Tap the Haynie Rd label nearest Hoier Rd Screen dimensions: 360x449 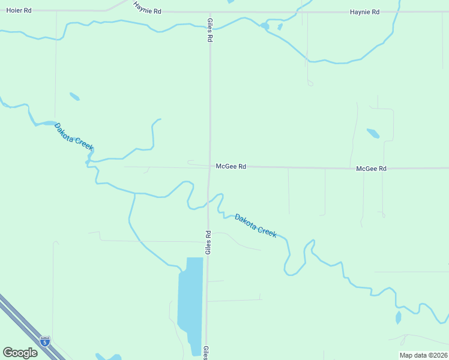[x=147, y=11]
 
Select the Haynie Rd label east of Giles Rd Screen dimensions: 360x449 [x=365, y=12]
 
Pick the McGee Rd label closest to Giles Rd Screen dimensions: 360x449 [x=231, y=167]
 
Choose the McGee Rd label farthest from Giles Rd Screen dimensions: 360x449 [x=371, y=169]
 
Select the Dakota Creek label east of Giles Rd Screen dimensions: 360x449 [x=256, y=226]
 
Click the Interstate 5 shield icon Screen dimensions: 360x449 [x=45, y=341]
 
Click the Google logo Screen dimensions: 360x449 [x=20, y=352]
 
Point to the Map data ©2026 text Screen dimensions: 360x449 [x=423, y=355]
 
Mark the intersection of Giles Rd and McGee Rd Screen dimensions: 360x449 [x=209, y=167]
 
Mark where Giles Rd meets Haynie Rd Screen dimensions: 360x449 [x=209, y=11]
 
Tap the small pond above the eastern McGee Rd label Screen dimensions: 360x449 [x=373, y=133]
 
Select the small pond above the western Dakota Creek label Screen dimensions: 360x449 [x=74, y=96]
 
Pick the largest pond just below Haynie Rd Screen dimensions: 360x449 [x=265, y=26]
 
